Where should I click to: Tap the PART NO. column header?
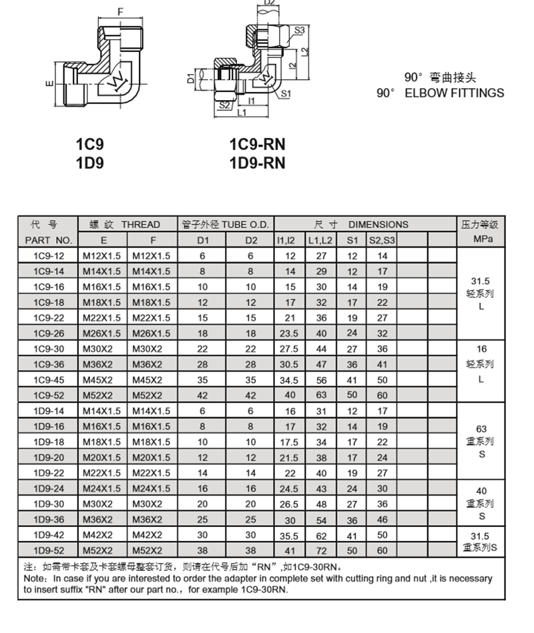point(48,240)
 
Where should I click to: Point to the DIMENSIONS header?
point(378,225)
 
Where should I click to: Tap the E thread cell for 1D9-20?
point(101,458)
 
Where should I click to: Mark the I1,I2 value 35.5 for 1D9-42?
point(290,535)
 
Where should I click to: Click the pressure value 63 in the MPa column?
point(481,429)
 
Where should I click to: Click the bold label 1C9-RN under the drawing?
point(257,144)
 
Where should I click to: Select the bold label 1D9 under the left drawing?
point(90,162)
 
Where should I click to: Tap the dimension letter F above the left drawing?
point(120,12)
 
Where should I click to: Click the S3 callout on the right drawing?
point(299,30)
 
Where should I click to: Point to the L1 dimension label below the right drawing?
point(242,113)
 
